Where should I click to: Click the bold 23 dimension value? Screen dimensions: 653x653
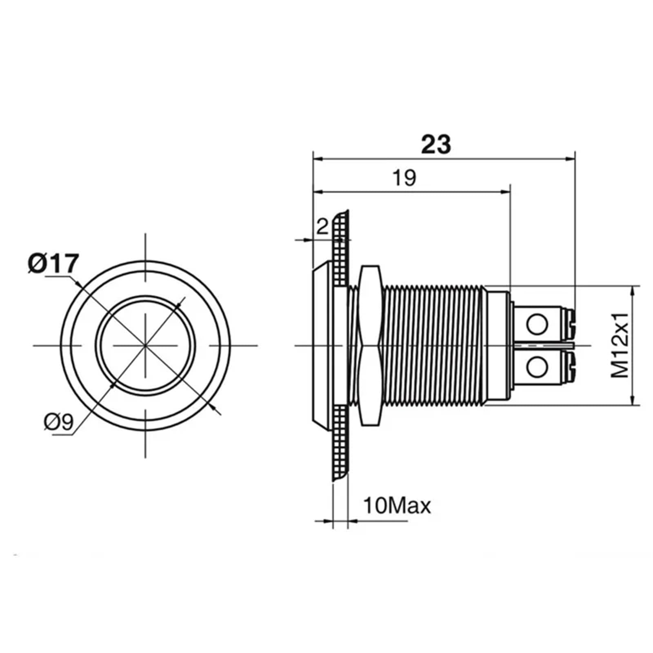(436, 144)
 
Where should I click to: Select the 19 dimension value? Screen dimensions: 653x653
(404, 178)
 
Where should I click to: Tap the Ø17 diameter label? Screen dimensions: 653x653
(53, 263)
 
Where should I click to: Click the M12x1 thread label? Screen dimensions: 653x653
(620, 345)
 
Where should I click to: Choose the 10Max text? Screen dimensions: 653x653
(397, 506)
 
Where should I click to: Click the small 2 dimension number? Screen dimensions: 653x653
(322, 227)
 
